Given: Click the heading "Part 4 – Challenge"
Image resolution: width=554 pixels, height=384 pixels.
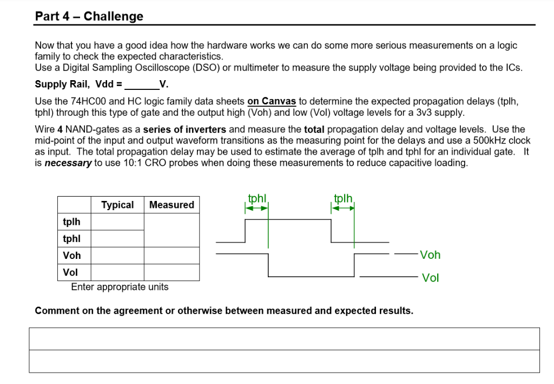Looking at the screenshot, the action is point(89,16).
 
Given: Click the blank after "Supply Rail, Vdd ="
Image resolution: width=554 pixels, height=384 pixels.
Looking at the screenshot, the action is point(142,84).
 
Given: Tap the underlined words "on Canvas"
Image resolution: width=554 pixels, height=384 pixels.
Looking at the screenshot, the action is point(272,101).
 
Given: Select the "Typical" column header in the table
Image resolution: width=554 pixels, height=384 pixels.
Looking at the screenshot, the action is point(117,205).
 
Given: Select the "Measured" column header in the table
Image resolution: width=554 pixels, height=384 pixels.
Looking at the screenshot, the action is point(172,205).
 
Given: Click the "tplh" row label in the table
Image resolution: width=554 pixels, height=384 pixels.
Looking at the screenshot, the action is point(71,222).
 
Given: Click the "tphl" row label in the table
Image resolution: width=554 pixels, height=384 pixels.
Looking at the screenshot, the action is point(71,238).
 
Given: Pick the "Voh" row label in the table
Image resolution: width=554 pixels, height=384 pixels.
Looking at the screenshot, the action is point(71,255).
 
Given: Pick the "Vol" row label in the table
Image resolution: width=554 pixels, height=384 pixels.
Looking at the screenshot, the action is point(70,272).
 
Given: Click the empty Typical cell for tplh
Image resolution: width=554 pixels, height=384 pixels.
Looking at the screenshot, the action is point(117,222).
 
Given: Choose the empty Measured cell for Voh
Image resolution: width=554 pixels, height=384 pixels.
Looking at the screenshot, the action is point(172,255).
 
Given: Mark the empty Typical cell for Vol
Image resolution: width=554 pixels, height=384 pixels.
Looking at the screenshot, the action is point(117,272).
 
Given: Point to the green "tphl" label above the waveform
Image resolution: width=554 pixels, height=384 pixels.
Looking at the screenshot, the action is point(257,198).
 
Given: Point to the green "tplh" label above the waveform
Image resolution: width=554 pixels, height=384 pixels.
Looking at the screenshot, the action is point(343,198).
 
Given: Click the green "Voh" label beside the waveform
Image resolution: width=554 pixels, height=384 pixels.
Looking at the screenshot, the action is point(430,255).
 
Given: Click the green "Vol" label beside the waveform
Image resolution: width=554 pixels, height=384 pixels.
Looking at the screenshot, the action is point(430,278).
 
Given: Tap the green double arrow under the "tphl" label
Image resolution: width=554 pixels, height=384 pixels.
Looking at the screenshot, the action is point(257,208).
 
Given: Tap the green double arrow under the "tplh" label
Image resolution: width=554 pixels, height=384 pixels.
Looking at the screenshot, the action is point(343,208).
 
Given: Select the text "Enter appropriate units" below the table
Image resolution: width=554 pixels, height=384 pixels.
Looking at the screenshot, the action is point(120,287).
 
